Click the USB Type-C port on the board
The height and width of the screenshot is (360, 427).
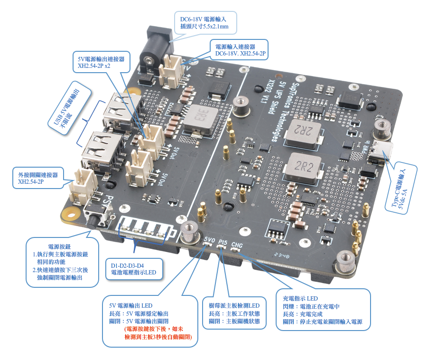[x=381, y=151]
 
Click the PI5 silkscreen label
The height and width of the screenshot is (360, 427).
[x=223, y=243]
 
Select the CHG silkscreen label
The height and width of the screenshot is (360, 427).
[x=238, y=246]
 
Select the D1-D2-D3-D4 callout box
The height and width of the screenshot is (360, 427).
[x=133, y=269]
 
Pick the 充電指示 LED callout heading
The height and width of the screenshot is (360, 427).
[x=300, y=298]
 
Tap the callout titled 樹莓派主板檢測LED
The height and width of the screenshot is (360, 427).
[x=234, y=305]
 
